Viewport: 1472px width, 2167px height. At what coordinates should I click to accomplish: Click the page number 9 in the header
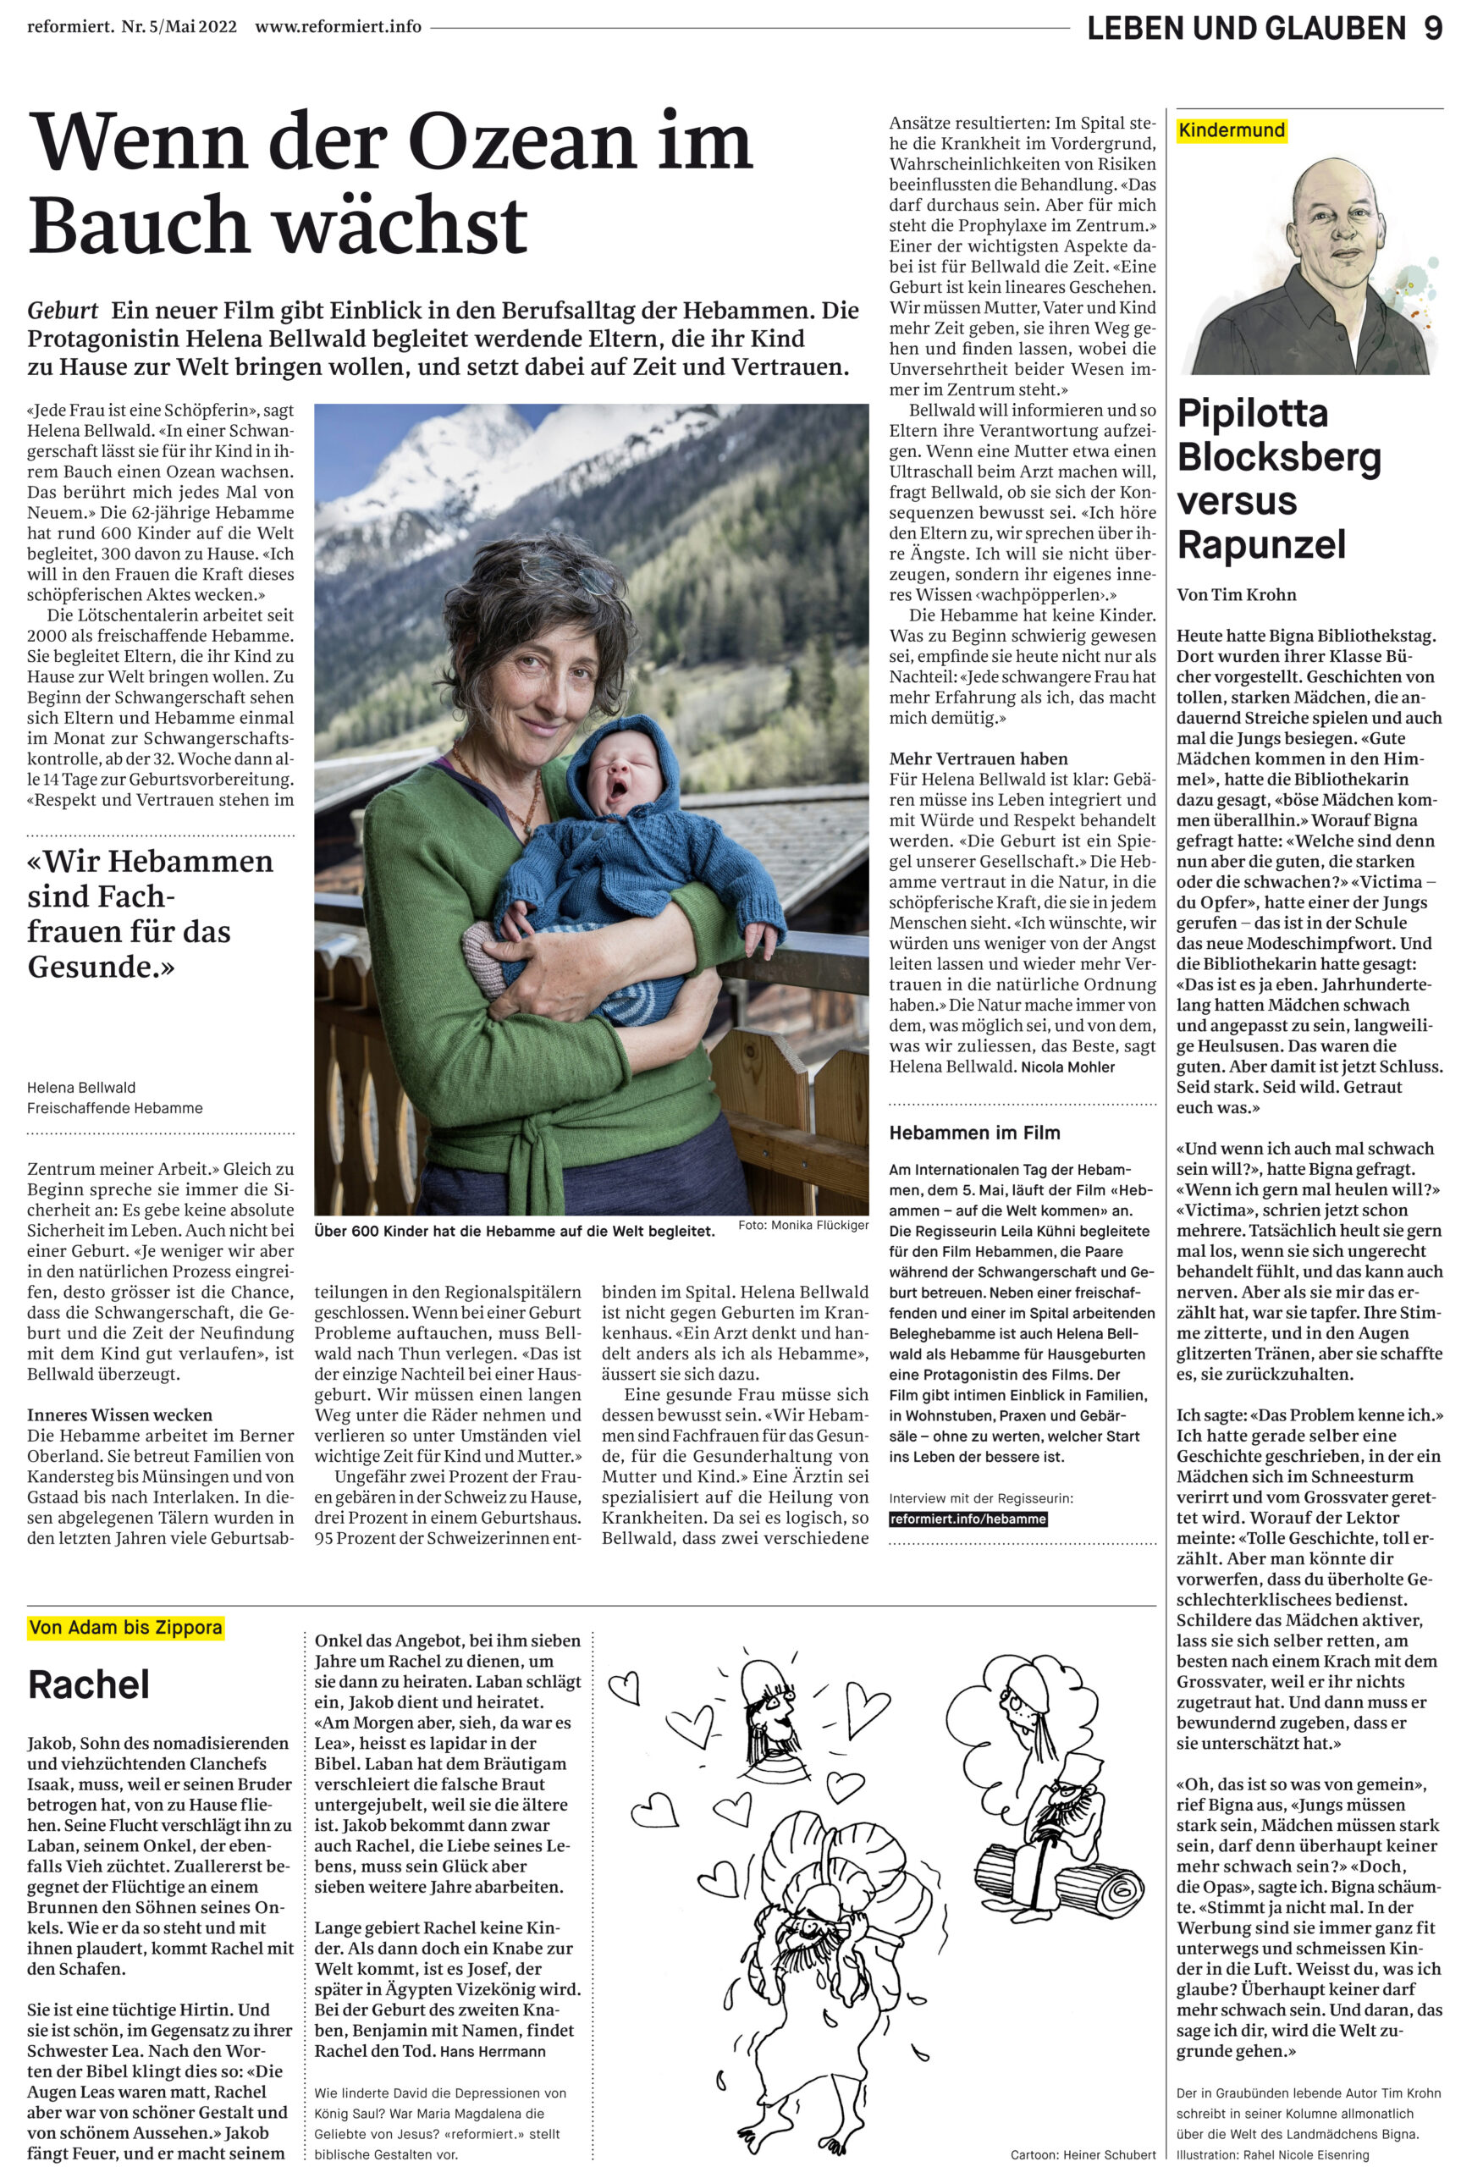[x=1432, y=28]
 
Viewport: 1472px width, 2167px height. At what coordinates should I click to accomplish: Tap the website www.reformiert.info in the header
[x=339, y=26]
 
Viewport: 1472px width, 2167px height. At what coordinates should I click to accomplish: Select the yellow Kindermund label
[x=1231, y=130]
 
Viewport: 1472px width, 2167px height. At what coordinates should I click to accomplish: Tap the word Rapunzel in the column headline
[x=1261, y=544]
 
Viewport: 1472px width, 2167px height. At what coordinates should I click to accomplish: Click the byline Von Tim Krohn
[x=1236, y=595]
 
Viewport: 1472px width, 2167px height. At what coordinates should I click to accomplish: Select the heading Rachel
[x=89, y=1685]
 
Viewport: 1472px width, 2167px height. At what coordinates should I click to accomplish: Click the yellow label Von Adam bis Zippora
[x=126, y=1628]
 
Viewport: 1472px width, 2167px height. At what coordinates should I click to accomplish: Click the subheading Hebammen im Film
[x=974, y=1133]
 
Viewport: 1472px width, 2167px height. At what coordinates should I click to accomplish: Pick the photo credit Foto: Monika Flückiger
[x=802, y=1225]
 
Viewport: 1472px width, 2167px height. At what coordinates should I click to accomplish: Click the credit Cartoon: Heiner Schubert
[x=1083, y=2155]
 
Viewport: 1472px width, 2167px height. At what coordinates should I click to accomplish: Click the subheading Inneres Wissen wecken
[x=119, y=1414]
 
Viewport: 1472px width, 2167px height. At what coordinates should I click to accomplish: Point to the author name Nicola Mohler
[x=1067, y=1067]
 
